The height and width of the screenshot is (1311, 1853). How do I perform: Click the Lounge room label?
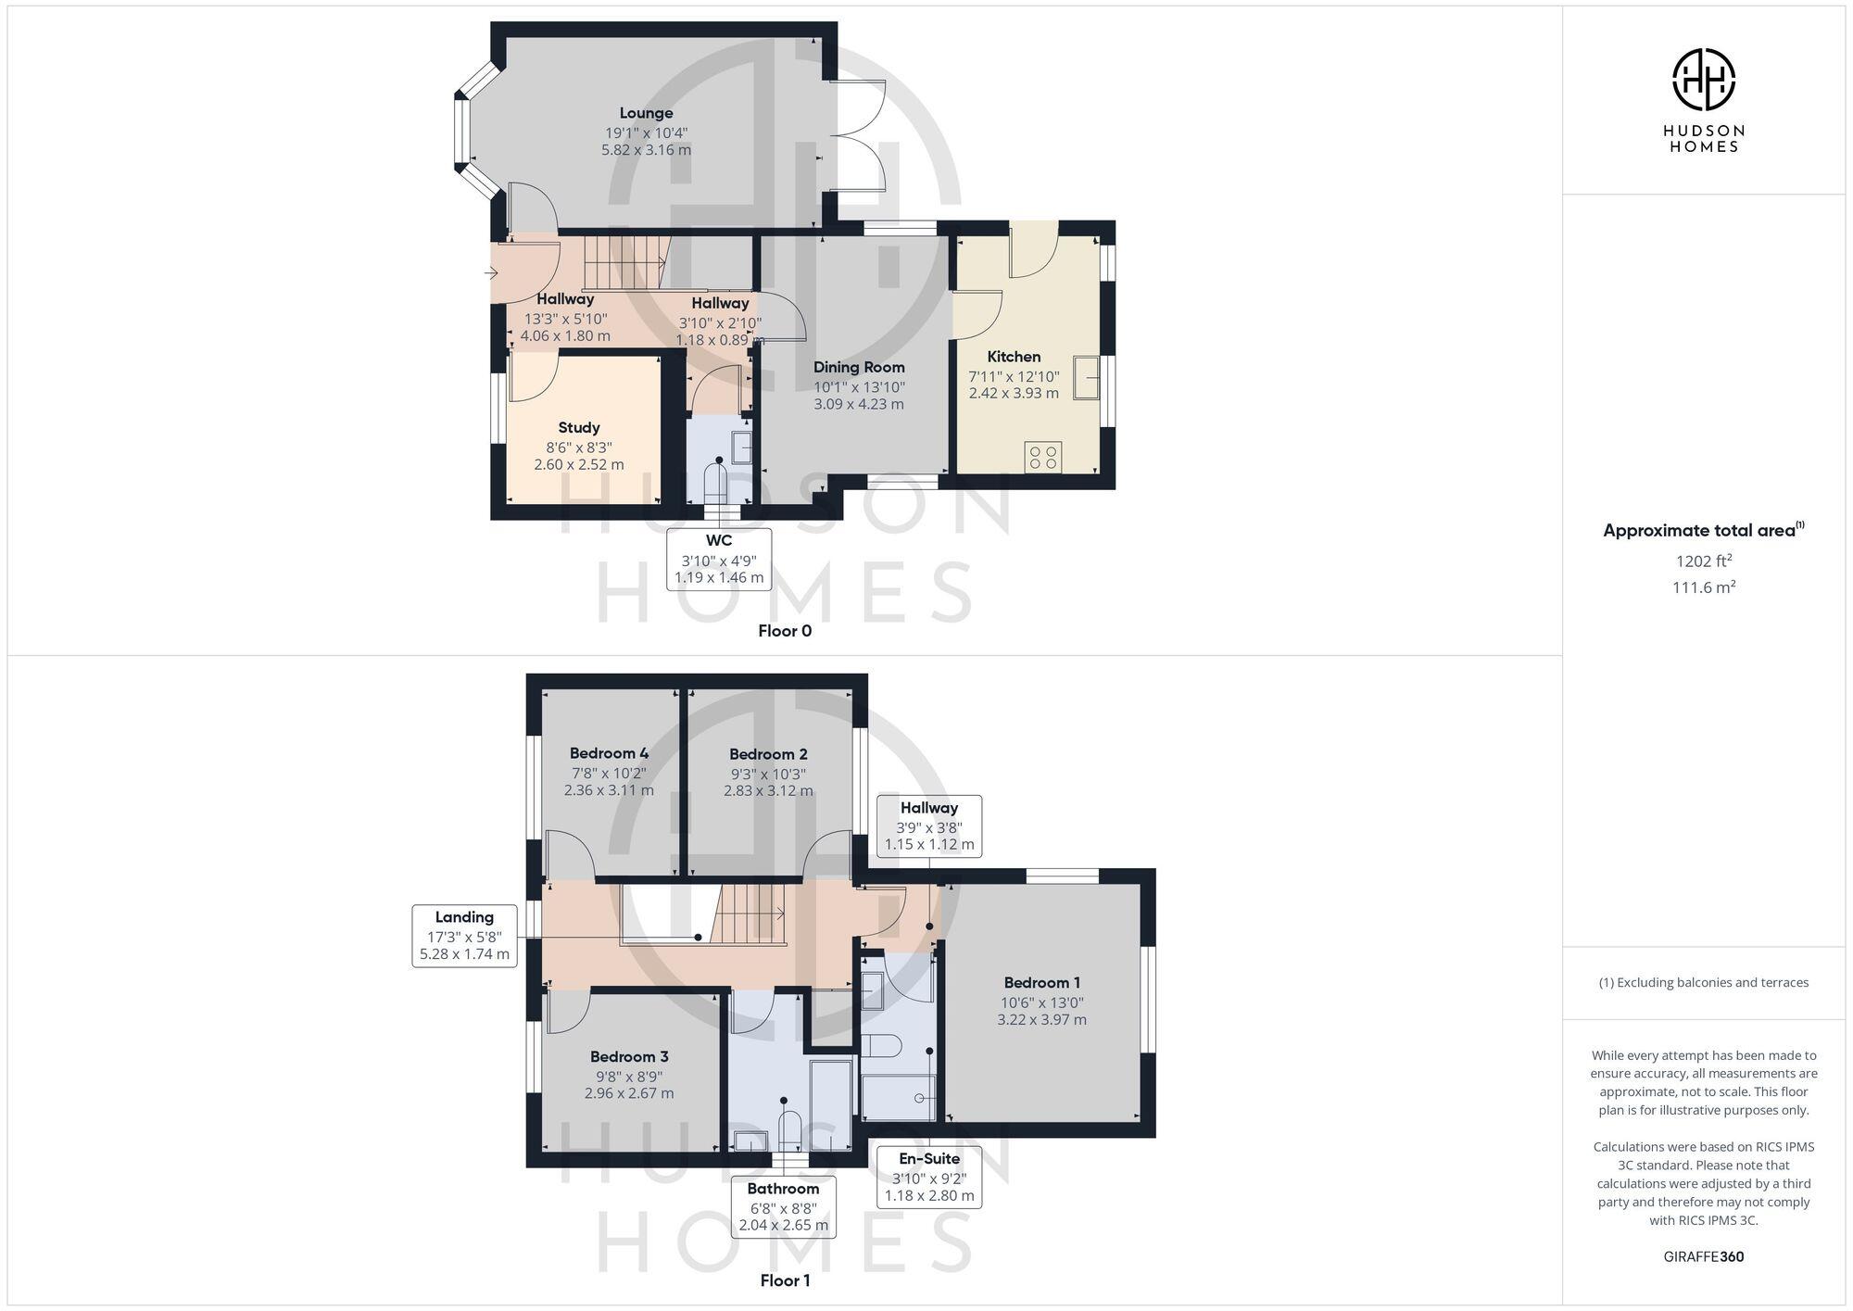pos(646,113)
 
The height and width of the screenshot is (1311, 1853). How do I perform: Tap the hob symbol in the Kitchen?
pos(1043,457)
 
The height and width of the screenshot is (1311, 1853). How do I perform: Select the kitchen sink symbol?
pos(1086,377)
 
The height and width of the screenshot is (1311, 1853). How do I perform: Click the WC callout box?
pos(719,559)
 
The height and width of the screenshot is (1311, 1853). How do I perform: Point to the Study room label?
pos(579,427)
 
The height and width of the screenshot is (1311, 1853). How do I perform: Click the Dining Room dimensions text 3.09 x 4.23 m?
pos(859,404)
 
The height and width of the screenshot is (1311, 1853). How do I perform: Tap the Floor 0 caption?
pos(784,631)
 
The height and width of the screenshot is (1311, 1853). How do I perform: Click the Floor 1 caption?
pos(784,1280)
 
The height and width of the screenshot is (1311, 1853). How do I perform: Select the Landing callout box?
pos(464,935)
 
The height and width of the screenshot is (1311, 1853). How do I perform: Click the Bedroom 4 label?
pos(609,753)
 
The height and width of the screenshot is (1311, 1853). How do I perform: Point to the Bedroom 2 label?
pos(768,754)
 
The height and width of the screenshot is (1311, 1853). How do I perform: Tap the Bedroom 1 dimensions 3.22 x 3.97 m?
pos(1041,1019)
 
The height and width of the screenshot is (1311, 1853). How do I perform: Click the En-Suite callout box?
pos(928,1176)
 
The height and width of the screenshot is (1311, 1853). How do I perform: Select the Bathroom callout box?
pos(783,1205)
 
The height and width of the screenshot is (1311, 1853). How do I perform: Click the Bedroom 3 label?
pos(629,1056)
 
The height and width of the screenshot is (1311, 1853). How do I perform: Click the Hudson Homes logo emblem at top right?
pos(1703,80)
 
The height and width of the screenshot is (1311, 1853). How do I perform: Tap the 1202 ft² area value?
pos(1703,561)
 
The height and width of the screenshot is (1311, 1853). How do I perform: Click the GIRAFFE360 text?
pos(1703,1256)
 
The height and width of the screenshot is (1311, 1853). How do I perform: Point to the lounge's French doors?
pos(857,135)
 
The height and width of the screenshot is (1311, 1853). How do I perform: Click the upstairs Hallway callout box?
pos(928,826)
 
